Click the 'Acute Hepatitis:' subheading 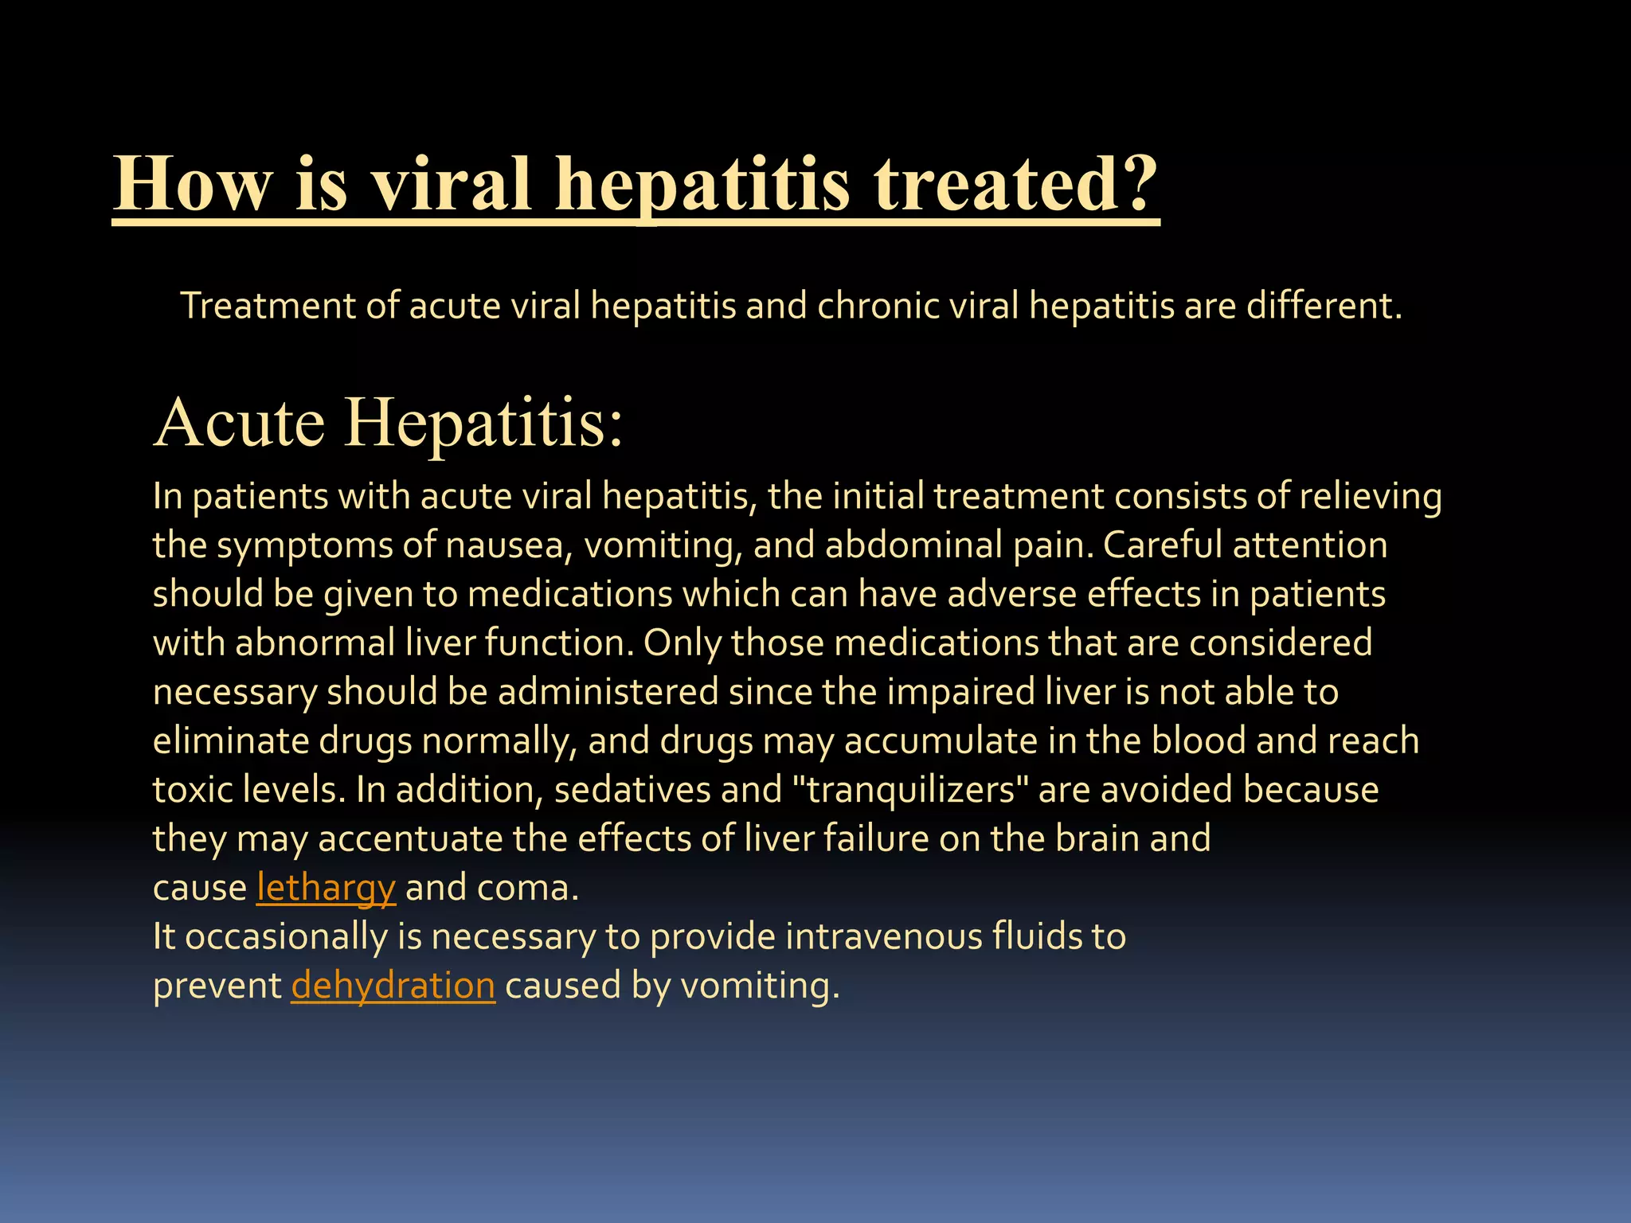388,422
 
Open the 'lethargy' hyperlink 326,888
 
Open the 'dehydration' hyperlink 393,986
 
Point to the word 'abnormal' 315,643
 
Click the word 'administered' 608,692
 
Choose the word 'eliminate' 230,741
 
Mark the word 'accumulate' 941,741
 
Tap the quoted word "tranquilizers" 910,790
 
